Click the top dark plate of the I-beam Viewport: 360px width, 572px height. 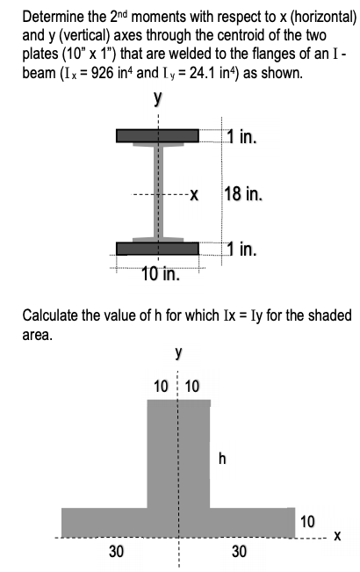pyautogui.click(x=157, y=135)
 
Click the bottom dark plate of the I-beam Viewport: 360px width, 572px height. pyautogui.click(x=157, y=249)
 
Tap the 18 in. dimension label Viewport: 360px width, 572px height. pyautogui.click(x=242, y=193)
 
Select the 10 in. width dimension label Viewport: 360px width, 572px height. pyautogui.click(x=161, y=274)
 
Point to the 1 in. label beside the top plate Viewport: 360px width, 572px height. pyautogui.click(x=242, y=137)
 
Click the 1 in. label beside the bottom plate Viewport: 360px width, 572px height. pyautogui.click(x=242, y=249)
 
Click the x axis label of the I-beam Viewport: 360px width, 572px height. pyautogui.click(x=194, y=196)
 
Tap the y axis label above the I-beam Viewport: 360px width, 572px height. pyautogui.click(x=157, y=98)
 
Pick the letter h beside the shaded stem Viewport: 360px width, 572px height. pyautogui.click(x=222, y=458)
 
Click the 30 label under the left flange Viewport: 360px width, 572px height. pyautogui.click(x=116, y=551)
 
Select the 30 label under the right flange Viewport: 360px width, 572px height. pyautogui.click(x=239, y=551)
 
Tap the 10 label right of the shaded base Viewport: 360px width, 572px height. pyautogui.click(x=307, y=521)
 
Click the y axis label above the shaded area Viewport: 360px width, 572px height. pyautogui.click(x=178, y=352)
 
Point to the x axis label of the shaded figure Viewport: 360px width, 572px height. pyautogui.click(x=337, y=536)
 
